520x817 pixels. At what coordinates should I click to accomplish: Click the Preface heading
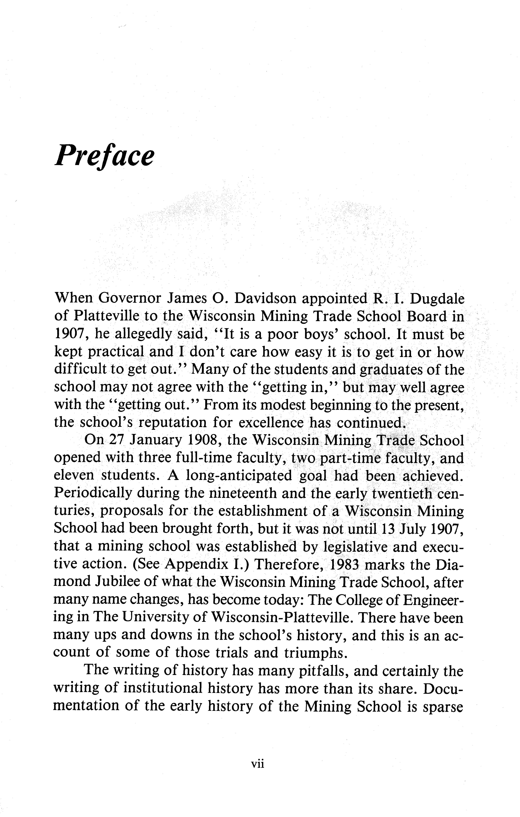click(104, 155)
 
